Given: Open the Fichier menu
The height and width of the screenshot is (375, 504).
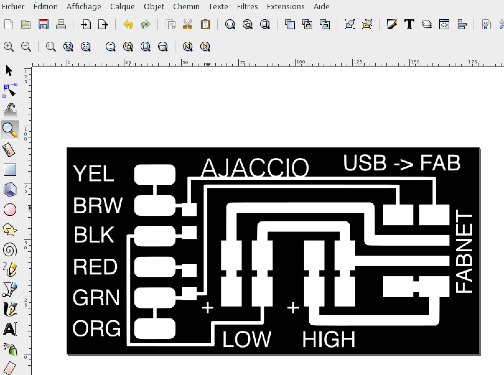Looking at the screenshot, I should coord(13,7).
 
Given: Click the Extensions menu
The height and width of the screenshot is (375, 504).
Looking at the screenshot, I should coord(285,7).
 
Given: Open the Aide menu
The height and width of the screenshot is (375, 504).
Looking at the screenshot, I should coord(321,7).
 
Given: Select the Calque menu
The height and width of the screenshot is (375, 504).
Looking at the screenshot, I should coord(122,7).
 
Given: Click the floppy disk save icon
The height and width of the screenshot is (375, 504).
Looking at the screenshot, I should coord(44,24).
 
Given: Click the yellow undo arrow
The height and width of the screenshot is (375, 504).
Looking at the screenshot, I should coord(128,24).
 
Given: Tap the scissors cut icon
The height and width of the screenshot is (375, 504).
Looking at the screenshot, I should coord(188,24).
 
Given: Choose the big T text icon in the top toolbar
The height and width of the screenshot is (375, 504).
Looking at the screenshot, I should coord(409,24).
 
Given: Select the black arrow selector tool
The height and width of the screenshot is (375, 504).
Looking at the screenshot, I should coord(9,71).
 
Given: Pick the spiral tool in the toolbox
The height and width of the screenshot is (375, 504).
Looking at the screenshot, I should coord(10,250).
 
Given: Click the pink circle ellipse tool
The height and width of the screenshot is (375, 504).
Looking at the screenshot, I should coord(10,210).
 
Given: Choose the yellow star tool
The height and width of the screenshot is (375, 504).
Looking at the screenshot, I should coord(10,230).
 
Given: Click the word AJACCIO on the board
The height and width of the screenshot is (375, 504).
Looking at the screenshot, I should coord(255,168).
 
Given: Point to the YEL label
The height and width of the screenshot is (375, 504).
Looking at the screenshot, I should coord(94,174).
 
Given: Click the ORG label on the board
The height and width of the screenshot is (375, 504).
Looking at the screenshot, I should coord(96,328).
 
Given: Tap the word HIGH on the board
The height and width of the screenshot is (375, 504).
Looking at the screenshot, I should coord(329,339).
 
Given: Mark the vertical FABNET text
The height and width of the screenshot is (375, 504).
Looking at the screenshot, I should coord(464,251).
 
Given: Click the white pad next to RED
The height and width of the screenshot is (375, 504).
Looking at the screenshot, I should coord(155,266).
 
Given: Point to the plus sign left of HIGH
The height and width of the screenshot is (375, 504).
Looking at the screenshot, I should coord(293,308).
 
